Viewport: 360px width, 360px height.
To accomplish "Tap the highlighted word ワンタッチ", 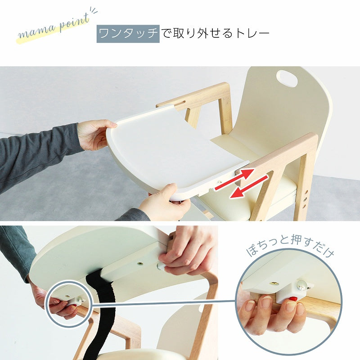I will tap(128, 34).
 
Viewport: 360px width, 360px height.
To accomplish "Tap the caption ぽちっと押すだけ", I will tap(290, 248).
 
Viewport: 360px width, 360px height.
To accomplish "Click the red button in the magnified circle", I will tap(292, 298).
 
